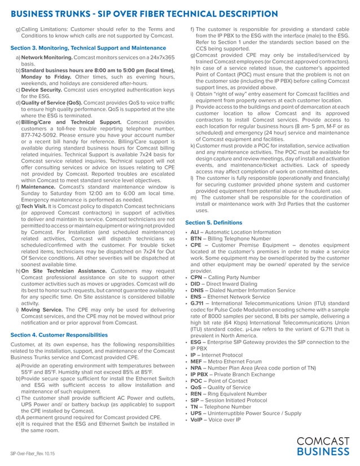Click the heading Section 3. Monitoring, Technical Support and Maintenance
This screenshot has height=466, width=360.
click(88, 49)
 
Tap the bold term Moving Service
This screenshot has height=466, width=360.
click(42, 310)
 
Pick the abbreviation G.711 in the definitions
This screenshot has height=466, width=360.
click(197, 304)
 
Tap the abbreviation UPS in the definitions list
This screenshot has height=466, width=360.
click(196, 412)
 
